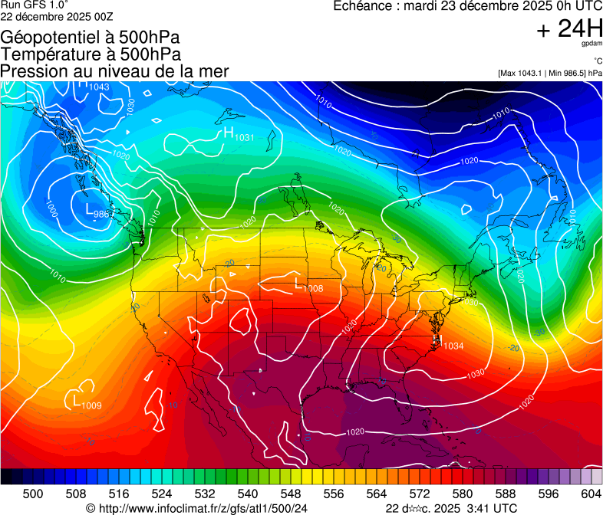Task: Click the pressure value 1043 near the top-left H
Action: (x=99, y=87)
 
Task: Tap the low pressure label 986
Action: (x=100, y=215)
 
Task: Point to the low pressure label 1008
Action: (x=313, y=288)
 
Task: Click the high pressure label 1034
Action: (x=453, y=346)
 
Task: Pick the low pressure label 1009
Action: (x=91, y=405)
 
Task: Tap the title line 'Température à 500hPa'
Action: (x=91, y=54)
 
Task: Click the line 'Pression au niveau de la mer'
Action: (x=114, y=71)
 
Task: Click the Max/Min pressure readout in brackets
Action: (x=549, y=73)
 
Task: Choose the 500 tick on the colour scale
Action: (x=33, y=494)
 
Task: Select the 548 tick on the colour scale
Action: (x=291, y=494)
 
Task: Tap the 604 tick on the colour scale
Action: (x=591, y=494)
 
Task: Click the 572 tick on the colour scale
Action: (x=419, y=494)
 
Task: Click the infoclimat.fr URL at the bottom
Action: (x=203, y=508)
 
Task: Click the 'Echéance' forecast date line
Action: (x=467, y=6)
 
